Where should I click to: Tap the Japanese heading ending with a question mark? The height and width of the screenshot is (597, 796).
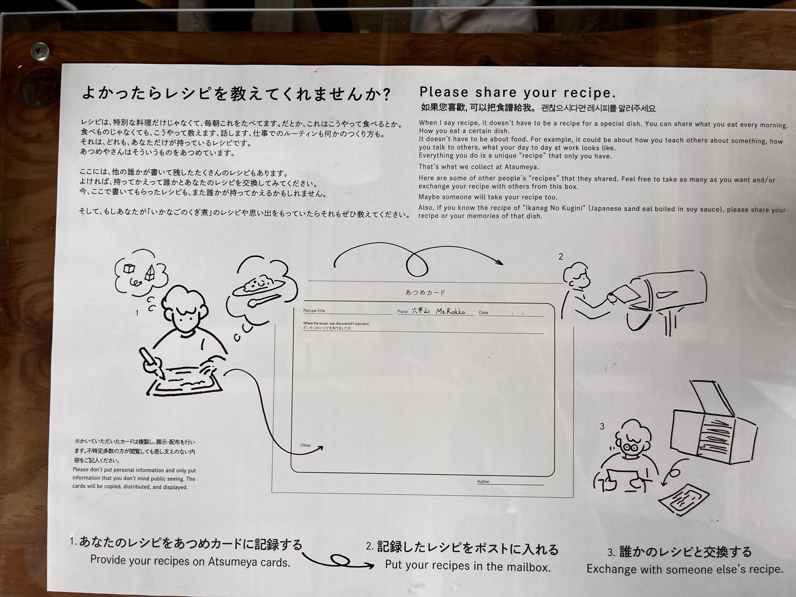[x=236, y=93]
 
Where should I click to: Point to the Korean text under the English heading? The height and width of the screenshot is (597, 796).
[x=598, y=108]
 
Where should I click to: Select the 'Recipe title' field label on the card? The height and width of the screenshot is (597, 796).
[x=314, y=311]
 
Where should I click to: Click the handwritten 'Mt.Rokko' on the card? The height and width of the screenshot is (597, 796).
[x=450, y=311]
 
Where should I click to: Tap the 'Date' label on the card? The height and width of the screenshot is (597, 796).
[x=483, y=313]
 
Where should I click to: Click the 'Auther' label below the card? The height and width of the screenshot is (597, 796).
[x=483, y=481]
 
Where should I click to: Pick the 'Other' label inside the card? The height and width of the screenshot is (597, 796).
[x=306, y=445]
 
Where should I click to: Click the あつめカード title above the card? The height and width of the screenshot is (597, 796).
[x=425, y=293]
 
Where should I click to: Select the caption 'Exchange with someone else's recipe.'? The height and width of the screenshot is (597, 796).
[x=685, y=569]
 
